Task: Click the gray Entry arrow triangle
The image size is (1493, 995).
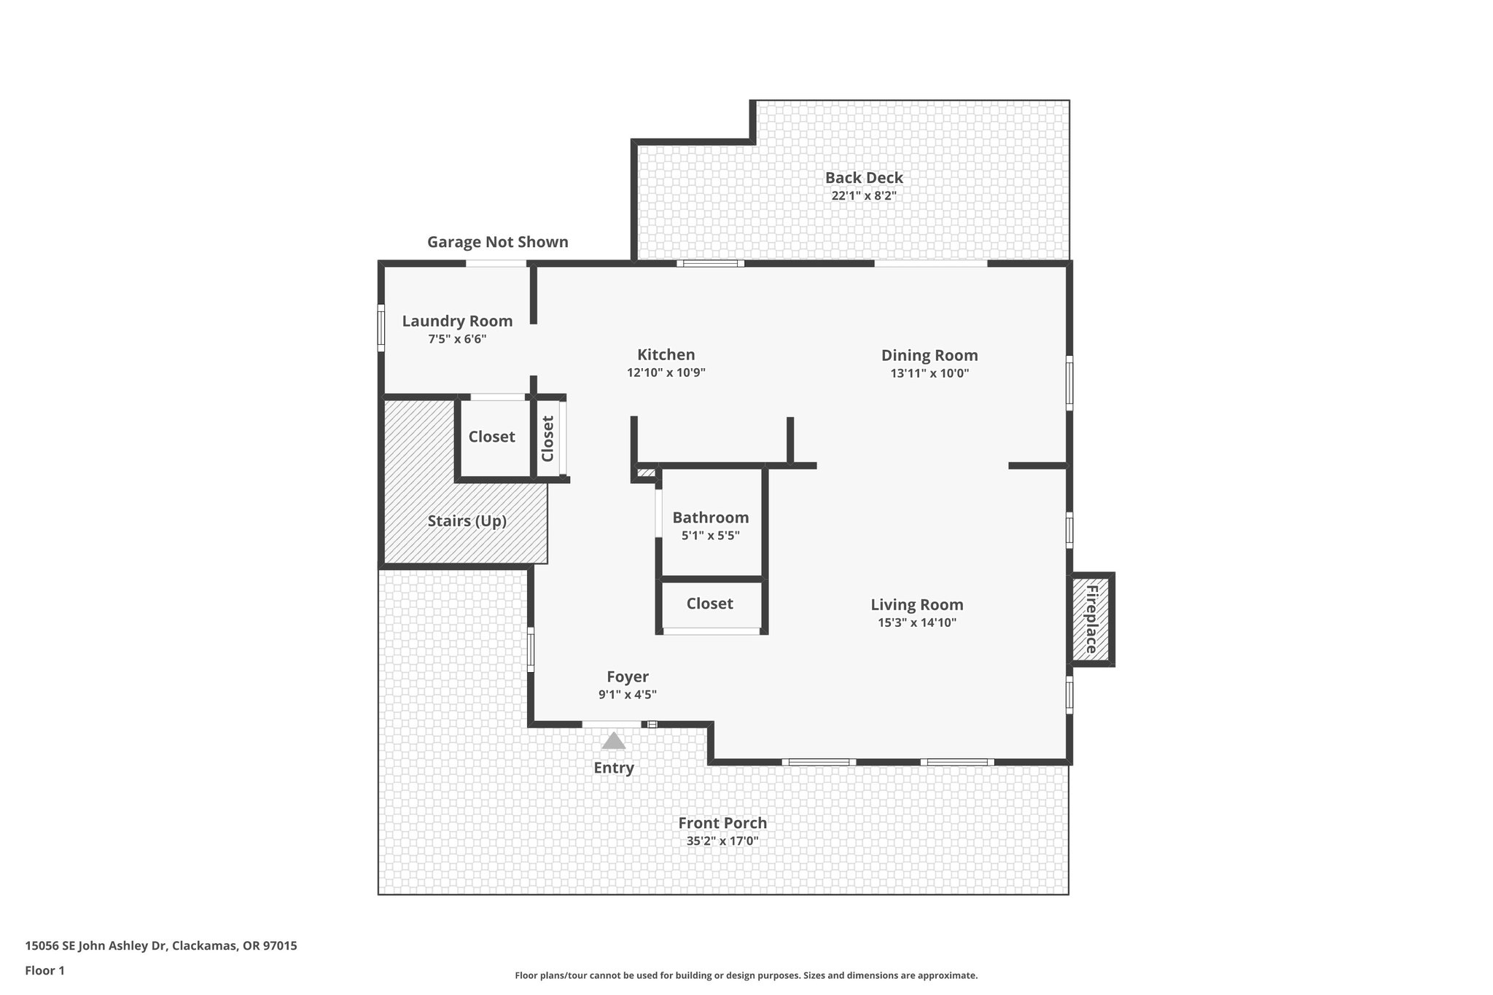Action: pos(613,741)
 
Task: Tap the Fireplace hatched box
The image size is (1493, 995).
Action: pos(1091,620)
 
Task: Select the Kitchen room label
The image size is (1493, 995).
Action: pos(666,355)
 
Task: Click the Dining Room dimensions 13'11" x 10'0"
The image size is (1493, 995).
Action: pos(929,374)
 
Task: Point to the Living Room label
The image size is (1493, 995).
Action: pos(916,604)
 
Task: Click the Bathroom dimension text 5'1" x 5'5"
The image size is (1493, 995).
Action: pos(710,536)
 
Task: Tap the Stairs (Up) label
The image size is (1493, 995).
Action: pos(467,521)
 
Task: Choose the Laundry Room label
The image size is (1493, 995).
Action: pos(457,321)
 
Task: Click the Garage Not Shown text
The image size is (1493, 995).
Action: pos(497,242)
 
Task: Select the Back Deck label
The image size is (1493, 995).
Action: pos(864,178)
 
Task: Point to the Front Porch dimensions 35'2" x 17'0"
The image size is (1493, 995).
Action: pos(722,841)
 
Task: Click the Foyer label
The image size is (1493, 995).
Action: pos(627,676)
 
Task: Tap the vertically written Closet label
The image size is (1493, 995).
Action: pos(548,438)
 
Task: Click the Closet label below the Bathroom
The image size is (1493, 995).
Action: pos(709,604)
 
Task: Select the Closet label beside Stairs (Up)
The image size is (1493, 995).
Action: pos(491,437)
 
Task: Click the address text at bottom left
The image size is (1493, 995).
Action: pos(161,946)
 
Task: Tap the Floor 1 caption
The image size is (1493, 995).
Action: pos(44,970)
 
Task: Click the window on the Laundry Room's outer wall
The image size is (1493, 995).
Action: pos(381,328)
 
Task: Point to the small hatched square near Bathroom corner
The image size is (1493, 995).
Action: pos(645,473)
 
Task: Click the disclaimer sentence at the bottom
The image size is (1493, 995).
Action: pos(746,975)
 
